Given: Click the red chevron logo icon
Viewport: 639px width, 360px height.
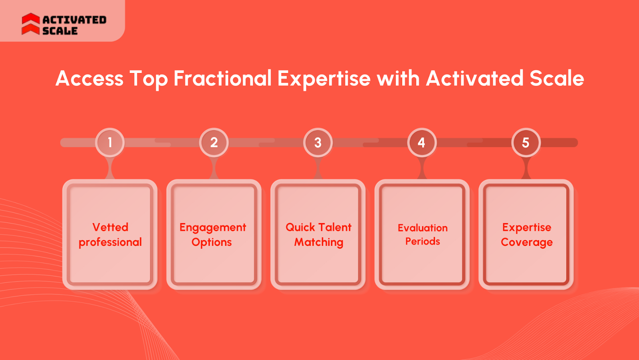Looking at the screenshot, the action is click(x=31, y=24).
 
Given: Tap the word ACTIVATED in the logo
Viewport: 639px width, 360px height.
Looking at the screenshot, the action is click(x=74, y=20).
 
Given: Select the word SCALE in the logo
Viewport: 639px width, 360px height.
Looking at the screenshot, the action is click(x=60, y=30).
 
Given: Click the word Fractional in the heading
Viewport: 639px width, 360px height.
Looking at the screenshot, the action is click(x=222, y=78).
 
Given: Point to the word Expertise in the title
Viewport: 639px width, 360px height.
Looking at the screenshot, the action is click(x=324, y=79).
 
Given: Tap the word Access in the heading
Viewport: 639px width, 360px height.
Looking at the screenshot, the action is click(x=89, y=78).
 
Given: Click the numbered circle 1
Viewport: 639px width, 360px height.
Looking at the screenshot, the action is click(x=110, y=142).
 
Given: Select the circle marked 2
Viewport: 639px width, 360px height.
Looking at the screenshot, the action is click(x=214, y=142).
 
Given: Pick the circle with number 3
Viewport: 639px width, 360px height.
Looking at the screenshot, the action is click(x=318, y=142).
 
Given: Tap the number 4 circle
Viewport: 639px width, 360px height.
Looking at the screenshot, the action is click(x=422, y=142).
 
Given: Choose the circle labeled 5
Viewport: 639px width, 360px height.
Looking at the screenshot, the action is click(x=526, y=142).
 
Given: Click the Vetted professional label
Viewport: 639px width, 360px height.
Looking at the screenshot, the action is click(x=110, y=235).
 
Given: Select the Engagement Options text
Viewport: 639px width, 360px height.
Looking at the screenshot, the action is click(x=213, y=235).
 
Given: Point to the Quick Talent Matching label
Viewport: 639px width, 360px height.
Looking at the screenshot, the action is click(x=318, y=235).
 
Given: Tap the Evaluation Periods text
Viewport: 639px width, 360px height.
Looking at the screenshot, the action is click(x=423, y=235).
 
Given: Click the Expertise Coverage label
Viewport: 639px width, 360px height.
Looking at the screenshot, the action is click(x=527, y=235).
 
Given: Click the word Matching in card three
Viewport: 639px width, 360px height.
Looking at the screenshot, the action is click(x=319, y=242).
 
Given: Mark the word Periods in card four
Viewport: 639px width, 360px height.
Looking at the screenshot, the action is click(x=423, y=241).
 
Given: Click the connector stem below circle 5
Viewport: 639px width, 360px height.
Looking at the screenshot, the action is click(x=526, y=168).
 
